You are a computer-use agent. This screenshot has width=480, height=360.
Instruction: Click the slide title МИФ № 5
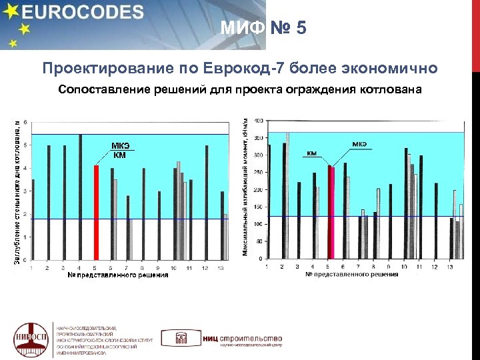pos(264,28)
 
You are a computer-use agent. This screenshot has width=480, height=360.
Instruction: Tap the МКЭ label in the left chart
pos(120,146)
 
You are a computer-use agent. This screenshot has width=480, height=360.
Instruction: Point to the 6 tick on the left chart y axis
pos(25,122)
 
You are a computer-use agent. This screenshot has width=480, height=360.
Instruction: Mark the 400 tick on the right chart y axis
pos(257,121)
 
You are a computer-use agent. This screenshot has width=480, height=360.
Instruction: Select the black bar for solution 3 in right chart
pos(299,221)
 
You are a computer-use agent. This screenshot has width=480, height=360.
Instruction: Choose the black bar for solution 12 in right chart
pos(436,221)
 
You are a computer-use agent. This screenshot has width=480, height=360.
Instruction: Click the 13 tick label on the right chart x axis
pos(451,267)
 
